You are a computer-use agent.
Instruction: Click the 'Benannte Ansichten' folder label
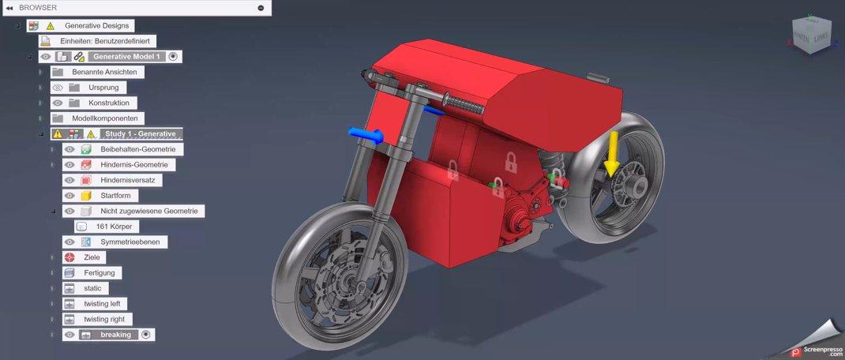click(104, 72)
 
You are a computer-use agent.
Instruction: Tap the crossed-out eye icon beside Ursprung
click(58, 88)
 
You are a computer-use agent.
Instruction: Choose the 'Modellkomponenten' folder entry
click(105, 118)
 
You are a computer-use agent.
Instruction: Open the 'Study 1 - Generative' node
click(141, 133)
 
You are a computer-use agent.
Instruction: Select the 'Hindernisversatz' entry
click(128, 180)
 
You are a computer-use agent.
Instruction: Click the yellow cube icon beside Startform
click(86, 195)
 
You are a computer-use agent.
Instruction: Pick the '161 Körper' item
click(115, 227)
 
